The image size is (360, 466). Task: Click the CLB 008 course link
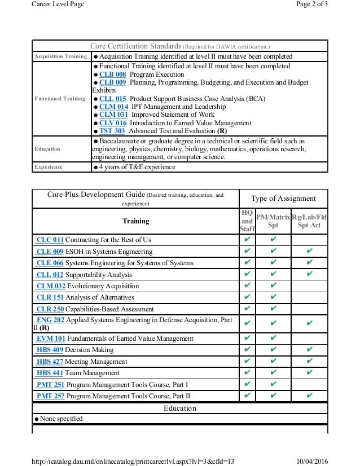[x=112, y=74]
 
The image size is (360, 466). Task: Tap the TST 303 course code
[x=112, y=131]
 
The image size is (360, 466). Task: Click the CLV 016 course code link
[x=113, y=123]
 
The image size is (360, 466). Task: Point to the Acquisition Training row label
[x=61, y=57]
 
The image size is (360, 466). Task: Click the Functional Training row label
[x=60, y=99]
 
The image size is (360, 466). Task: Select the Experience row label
[x=48, y=168]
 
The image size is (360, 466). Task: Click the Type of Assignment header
[x=283, y=199]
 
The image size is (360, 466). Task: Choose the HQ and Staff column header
[x=247, y=221]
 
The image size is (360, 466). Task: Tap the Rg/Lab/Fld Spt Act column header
[x=309, y=221]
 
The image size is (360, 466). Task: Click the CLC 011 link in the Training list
[x=50, y=240]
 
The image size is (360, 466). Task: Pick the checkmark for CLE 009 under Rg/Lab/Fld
[x=309, y=252]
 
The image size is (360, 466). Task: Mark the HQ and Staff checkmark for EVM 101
[x=247, y=338]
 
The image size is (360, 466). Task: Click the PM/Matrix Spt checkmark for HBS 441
[x=273, y=373]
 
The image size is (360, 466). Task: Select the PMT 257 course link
[x=51, y=396]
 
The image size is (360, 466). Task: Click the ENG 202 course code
[x=50, y=320]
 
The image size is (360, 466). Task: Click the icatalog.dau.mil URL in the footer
[x=133, y=461]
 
